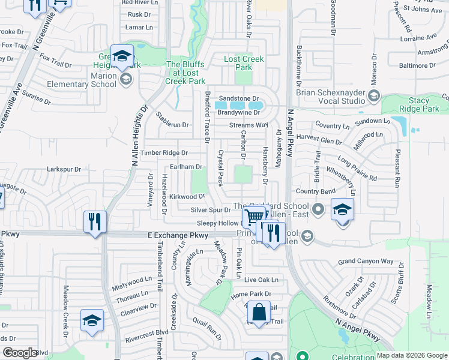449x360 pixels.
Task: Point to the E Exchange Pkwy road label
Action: pyautogui.click(x=173, y=238)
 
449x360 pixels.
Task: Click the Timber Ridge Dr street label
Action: pyautogui.click(x=164, y=153)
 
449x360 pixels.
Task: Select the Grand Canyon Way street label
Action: pyautogui.click(x=365, y=262)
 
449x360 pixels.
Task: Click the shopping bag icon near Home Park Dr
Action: pyautogui.click(x=259, y=313)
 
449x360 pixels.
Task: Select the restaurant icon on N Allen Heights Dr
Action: pyautogui.click(x=95, y=222)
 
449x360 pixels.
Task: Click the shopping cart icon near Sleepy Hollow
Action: pyautogui.click(x=255, y=217)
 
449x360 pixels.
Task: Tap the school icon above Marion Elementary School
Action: pyautogui.click(x=122, y=56)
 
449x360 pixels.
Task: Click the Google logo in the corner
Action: pyautogui.click(x=20, y=353)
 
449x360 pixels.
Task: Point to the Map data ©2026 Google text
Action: pyautogui.click(x=411, y=355)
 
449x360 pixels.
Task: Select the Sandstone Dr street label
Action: pyautogui.click(x=238, y=98)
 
